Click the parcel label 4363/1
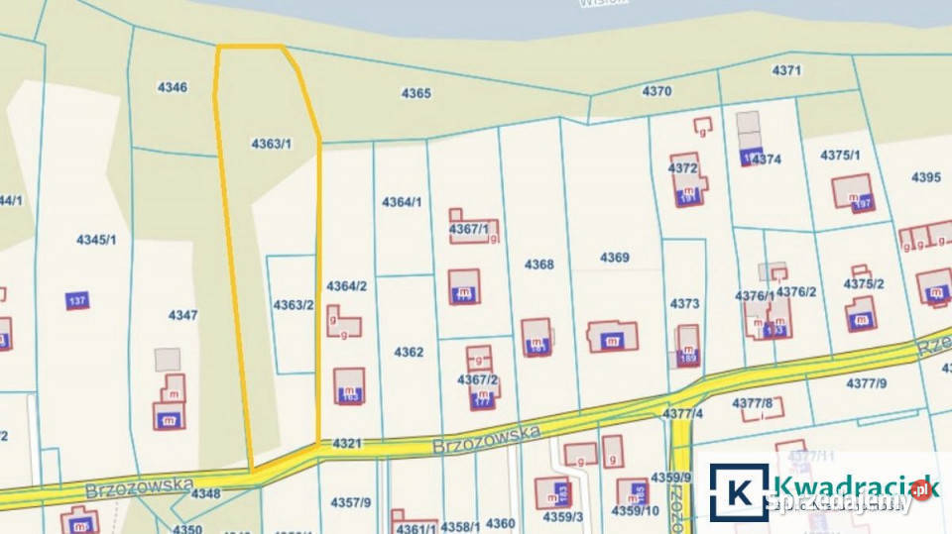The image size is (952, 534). tap(271, 144)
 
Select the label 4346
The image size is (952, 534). tap(172, 87)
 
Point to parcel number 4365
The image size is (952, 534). tap(416, 93)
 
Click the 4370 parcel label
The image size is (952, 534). tap(656, 91)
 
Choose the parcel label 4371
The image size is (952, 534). tap(785, 70)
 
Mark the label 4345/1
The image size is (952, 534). tap(96, 239)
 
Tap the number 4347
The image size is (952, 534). tap(182, 315)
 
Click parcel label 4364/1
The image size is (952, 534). tap(402, 202)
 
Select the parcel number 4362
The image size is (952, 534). tap(409, 352)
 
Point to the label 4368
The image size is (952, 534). tap(539, 265)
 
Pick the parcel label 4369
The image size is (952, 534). tap(614, 258)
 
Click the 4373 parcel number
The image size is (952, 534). tap(684, 304)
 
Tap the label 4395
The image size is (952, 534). tap(925, 177)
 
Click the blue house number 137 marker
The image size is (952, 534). tap(77, 301)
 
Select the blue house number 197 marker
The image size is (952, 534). tap(861, 203)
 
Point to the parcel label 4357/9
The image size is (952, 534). tap(350, 502)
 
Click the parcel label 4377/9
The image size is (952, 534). tap(867, 382)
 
